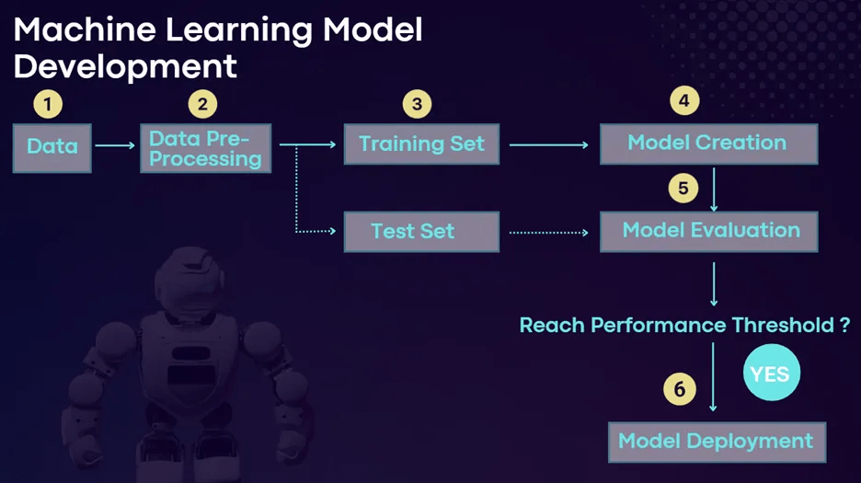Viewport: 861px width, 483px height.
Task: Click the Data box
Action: [52, 146]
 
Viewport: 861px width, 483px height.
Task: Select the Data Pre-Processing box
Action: [206, 148]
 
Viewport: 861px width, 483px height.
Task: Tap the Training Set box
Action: [421, 144]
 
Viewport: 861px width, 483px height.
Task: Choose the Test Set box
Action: [421, 231]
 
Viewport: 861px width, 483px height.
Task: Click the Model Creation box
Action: [707, 144]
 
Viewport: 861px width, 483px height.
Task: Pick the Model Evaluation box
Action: [708, 230]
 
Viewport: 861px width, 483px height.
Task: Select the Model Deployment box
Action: [716, 441]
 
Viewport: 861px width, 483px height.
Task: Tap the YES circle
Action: [771, 374]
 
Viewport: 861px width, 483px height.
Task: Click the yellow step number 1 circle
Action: [47, 103]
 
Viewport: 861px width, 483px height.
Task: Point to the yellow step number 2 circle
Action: [202, 103]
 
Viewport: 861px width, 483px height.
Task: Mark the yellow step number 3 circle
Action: [417, 103]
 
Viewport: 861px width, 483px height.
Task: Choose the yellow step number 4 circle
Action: [683, 100]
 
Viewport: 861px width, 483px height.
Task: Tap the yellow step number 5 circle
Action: [683, 188]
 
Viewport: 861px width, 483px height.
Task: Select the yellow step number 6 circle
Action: [679, 389]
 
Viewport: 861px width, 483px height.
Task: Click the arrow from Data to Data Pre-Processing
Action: [115, 145]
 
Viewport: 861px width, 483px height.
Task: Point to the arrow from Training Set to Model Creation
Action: [548, 144]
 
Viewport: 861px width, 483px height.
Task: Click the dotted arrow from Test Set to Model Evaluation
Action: [548, 232]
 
